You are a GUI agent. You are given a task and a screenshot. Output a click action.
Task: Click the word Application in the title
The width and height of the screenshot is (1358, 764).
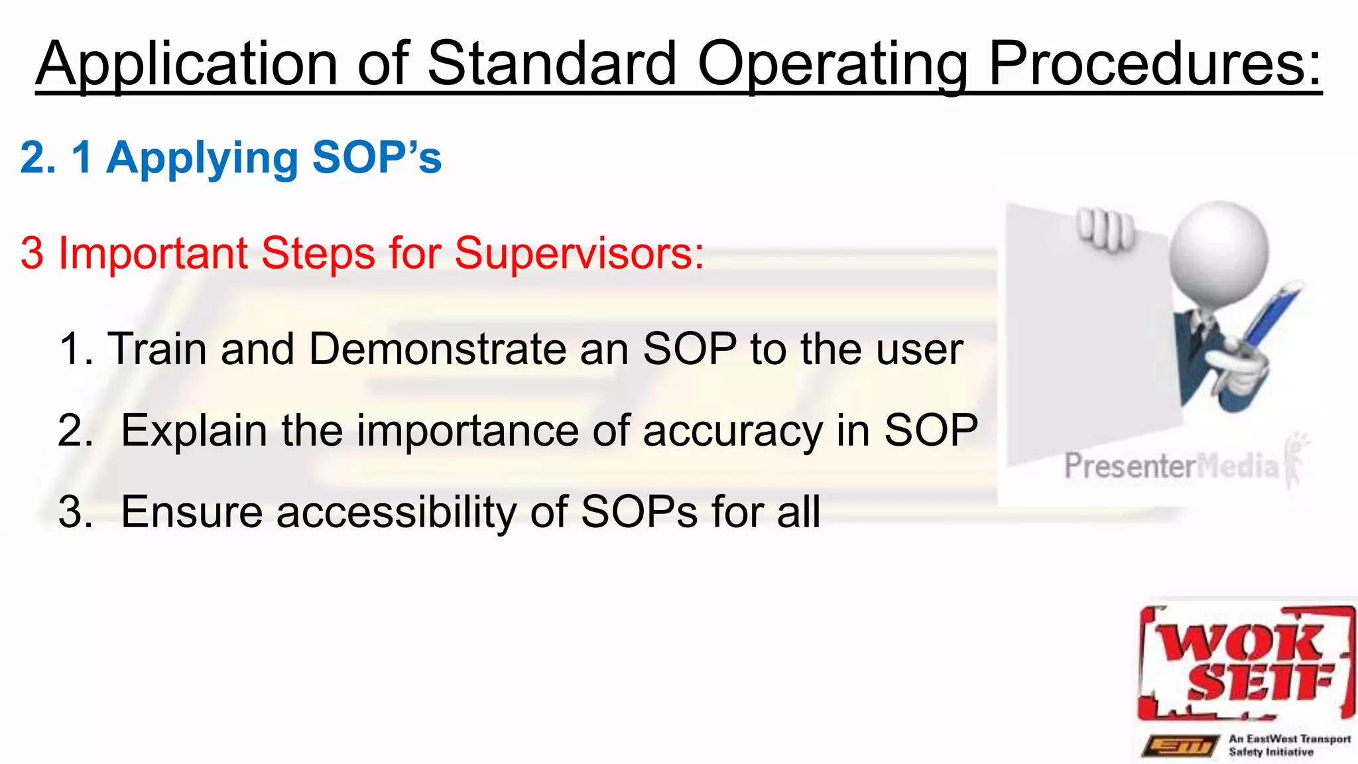tap(188, 64)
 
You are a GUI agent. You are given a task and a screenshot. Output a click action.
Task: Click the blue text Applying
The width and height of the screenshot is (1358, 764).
tap(202, 159)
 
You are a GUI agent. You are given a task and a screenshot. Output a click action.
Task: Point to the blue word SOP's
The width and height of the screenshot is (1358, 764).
tap(377, 158)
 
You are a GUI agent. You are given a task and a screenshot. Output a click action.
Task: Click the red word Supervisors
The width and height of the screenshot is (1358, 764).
tap(578, 253)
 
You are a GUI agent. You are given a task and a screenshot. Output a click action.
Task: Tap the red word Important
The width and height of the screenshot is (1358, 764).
tap(153, 253)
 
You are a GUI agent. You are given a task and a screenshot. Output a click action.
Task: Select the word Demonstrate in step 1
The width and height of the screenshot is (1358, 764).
tap(436, 349)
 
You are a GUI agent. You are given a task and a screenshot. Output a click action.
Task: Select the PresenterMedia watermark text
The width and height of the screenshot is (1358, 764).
tap(1171, 466)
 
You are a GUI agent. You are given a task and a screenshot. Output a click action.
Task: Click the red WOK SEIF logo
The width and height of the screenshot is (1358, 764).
tap(1245, 663)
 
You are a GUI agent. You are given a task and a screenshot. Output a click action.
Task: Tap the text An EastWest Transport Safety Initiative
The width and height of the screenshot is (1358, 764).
tap(1288, 745)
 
